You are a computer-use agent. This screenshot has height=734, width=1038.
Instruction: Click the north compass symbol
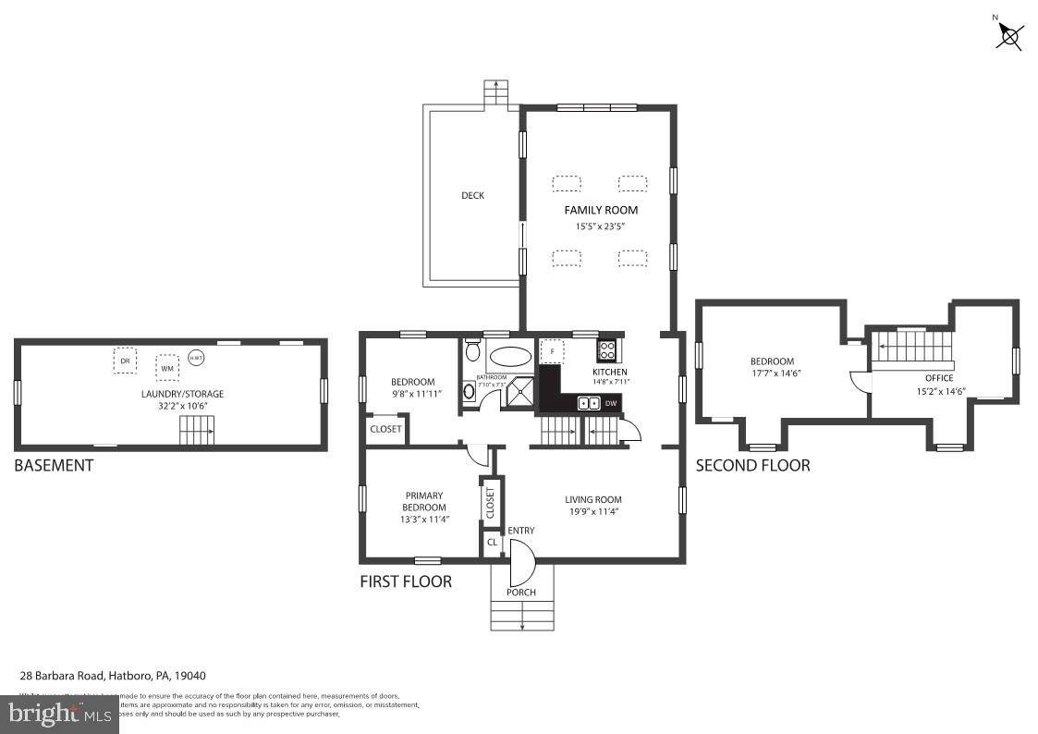[x=1009, y=36]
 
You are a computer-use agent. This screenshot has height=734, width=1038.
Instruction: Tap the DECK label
[x=472, y=195]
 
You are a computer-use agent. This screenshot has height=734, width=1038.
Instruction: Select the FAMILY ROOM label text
[x=601, y=210]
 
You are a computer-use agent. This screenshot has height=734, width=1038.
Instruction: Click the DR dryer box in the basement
[x=125, y=361]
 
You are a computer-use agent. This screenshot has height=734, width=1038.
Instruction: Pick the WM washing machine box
[x=167, y=367]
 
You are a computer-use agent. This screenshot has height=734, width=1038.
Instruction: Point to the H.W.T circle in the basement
[x=196, y=358]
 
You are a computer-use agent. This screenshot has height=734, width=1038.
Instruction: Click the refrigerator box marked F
[x=552, y=352]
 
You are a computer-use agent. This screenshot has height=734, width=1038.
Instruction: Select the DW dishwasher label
[x=610, y=403]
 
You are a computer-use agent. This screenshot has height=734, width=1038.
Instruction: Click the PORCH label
[x=521, y=592]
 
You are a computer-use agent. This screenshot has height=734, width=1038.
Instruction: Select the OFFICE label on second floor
[x=939, y=378]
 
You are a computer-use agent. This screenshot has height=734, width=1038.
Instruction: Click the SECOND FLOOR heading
[x=752, y=465]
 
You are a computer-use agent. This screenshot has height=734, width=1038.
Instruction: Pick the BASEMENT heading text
[x=54, y=465]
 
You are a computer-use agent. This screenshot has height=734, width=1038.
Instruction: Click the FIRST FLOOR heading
[x=406, y=581]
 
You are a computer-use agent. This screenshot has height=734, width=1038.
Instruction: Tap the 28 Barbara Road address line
[x=119, y=676]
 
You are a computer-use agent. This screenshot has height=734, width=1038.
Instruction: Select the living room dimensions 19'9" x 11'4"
[x=593, y=513]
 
